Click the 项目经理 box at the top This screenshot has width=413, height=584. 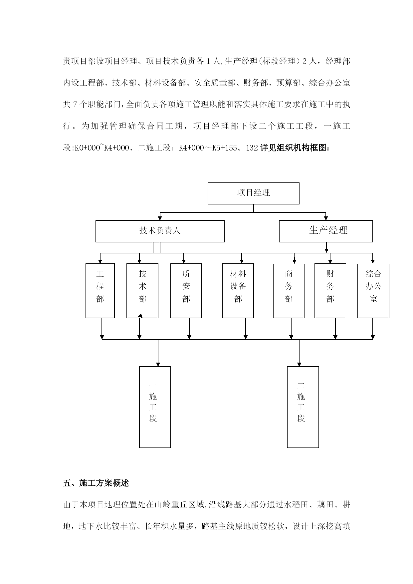coord(253,193)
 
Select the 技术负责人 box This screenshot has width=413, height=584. coord(160,231)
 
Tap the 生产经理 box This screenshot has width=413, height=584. coord(325,231)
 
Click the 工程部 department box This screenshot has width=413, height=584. coord(100,290)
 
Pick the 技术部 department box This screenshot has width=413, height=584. coord(142,290)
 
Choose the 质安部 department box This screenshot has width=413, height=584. coord(186,290)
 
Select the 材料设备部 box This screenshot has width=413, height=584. coord(238,290)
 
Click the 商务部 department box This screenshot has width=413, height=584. coord(289,290)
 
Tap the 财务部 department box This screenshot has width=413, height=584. coord(330,290)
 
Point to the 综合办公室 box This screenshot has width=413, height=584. coord(373,290)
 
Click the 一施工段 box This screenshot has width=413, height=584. coord(155,407)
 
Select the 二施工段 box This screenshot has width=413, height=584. coord(303,407)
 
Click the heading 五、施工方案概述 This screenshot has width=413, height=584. coord(96,483)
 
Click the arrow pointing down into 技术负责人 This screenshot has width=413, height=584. coord(160,218)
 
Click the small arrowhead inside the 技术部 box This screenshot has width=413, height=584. coord(140,316)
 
